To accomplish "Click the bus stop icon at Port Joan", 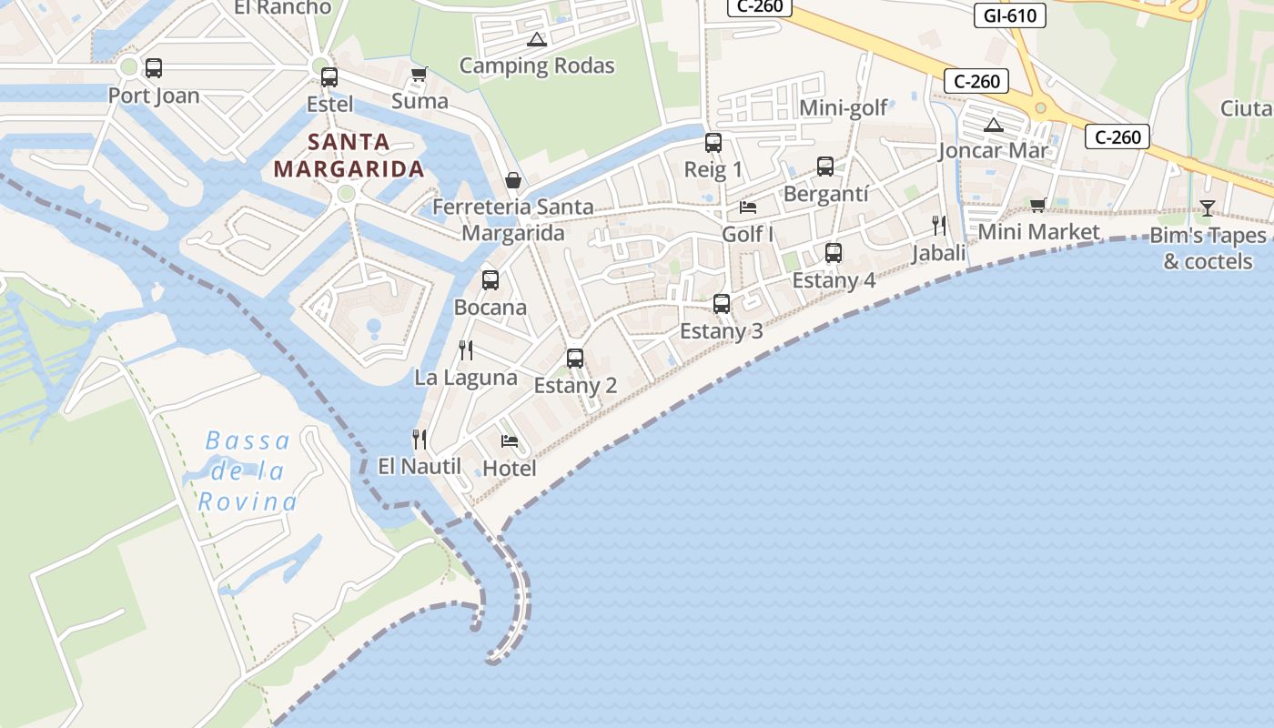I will [x=154, y=68].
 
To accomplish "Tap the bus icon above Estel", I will [x=329, y=77].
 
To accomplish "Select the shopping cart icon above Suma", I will [x=419, y=74].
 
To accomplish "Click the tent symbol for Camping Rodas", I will [x=536, y=39].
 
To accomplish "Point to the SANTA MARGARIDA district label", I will [x=349, y=156].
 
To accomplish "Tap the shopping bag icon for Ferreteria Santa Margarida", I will [x=513, y=180].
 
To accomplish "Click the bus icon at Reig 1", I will [x=713, y=143].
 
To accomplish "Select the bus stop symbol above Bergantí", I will [x=825, y=167].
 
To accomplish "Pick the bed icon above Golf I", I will [x=748, y=207].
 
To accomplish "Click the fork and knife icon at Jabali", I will [x=939, y=226].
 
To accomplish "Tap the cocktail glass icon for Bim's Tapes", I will [x=1208, y=208].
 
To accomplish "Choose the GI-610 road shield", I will [x=1010, y=15].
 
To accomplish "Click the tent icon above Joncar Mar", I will [x=993, y=124].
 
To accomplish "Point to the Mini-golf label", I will [x=843, y=108].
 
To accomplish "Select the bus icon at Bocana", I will [x=490, y=280].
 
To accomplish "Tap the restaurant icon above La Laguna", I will [x=466, y=350].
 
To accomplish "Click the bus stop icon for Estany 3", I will [x=722, y=304].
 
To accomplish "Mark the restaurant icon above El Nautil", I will [x=420, y=440].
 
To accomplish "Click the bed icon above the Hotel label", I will [x=510, y=441].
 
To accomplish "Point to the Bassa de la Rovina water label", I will [x=248, y=471].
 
